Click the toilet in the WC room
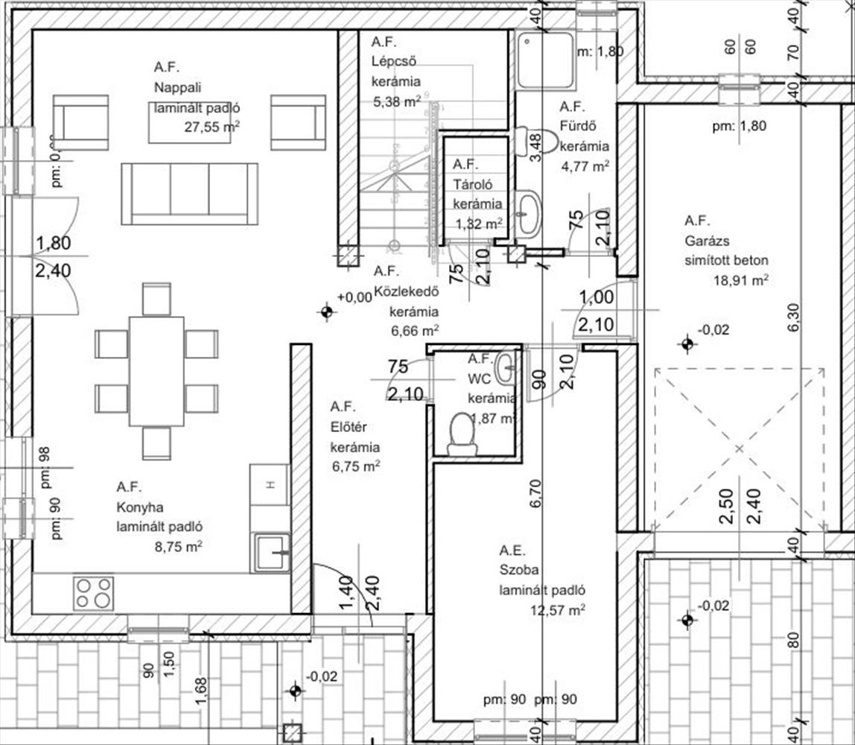click(462, 435)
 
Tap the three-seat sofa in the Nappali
click(190, 193)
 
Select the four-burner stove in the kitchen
click(93, 592)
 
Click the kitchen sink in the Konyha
click(270, 552)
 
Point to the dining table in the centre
click(156, 371)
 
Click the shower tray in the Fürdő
click(546, 59)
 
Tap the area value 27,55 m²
click(212, 127)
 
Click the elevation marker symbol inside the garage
click(687, 343)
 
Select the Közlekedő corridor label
click(405, 291)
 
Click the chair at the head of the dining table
click(156, 298)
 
